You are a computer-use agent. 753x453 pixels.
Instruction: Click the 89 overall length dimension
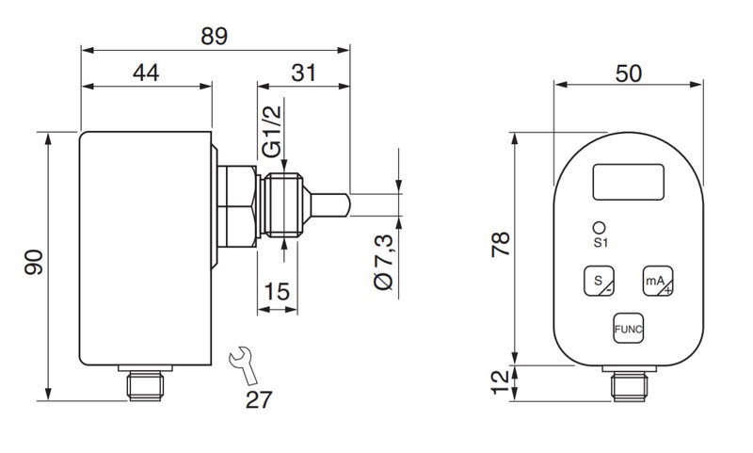coord(215,37)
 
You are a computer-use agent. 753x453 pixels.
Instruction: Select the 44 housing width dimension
coord(146,73)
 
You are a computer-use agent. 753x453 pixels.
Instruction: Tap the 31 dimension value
coord(303,73)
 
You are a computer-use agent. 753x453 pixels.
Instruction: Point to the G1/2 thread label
coord(273,132)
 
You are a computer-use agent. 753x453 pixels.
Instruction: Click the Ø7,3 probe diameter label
coord(384,262)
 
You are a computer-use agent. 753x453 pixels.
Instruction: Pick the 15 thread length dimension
coord(277,292)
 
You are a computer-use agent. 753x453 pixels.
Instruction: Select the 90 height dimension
coord(34,263)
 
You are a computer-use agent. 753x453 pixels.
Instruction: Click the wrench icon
coord(244,365)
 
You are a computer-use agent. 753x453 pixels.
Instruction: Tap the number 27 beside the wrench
coord(259,399)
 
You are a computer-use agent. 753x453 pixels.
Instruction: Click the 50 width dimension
coord(629,73)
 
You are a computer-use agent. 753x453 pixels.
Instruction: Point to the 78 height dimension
coord(501,245)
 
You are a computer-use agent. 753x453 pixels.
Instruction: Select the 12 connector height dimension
coord(501,382)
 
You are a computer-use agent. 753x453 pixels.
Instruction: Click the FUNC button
coord(628,329)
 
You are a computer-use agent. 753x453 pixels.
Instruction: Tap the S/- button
coord(599,281)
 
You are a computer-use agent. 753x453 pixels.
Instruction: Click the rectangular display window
coord(629,182)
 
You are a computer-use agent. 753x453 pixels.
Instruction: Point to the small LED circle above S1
coord(600,227)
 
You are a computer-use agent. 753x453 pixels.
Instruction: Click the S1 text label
coord(601,243)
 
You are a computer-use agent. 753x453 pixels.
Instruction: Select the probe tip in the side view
coord(330,205)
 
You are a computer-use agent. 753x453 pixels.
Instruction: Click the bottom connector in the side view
coord(145,383)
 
